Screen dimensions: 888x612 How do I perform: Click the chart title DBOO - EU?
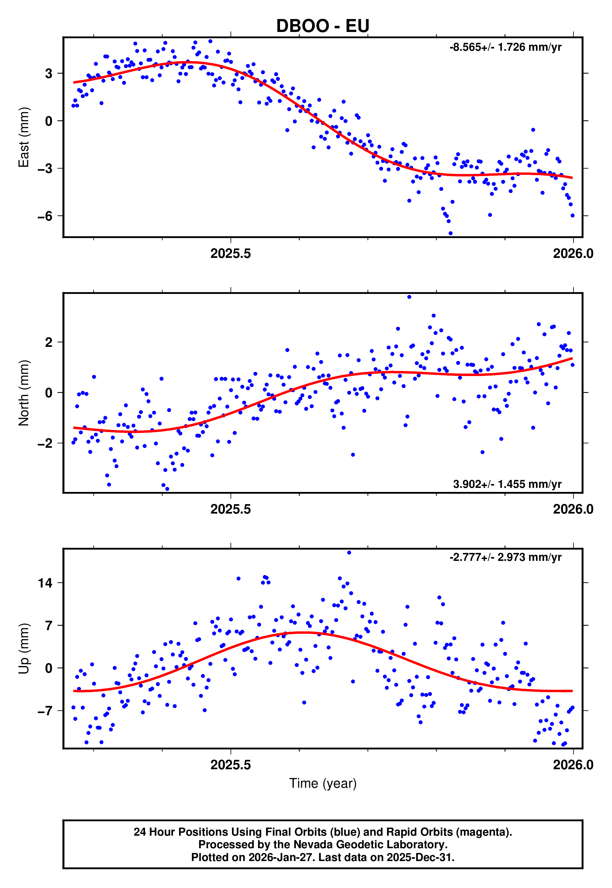pos(323,26)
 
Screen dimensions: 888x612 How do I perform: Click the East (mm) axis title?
pos(24,137)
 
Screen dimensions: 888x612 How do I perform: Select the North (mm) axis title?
pos(24,393)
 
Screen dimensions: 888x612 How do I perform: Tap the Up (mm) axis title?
pos(24,648)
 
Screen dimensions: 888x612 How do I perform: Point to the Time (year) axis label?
pos(323,783)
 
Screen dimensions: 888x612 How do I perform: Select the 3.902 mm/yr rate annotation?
pos(507,484)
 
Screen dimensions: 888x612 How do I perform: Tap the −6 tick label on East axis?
pos(45,216)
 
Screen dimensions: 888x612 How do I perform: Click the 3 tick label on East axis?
pos(49,73)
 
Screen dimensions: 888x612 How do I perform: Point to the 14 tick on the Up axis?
pos(45,583)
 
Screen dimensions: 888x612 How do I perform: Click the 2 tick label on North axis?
pos(49,342)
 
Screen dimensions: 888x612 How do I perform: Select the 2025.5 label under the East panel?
pos(231,253)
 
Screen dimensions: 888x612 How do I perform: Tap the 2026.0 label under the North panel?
pos(573,509)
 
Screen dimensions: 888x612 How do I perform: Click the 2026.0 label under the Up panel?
pos(573,765)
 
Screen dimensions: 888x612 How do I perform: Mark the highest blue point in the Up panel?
pos(349,553)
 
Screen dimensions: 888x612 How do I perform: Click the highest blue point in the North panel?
pos(409,297)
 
